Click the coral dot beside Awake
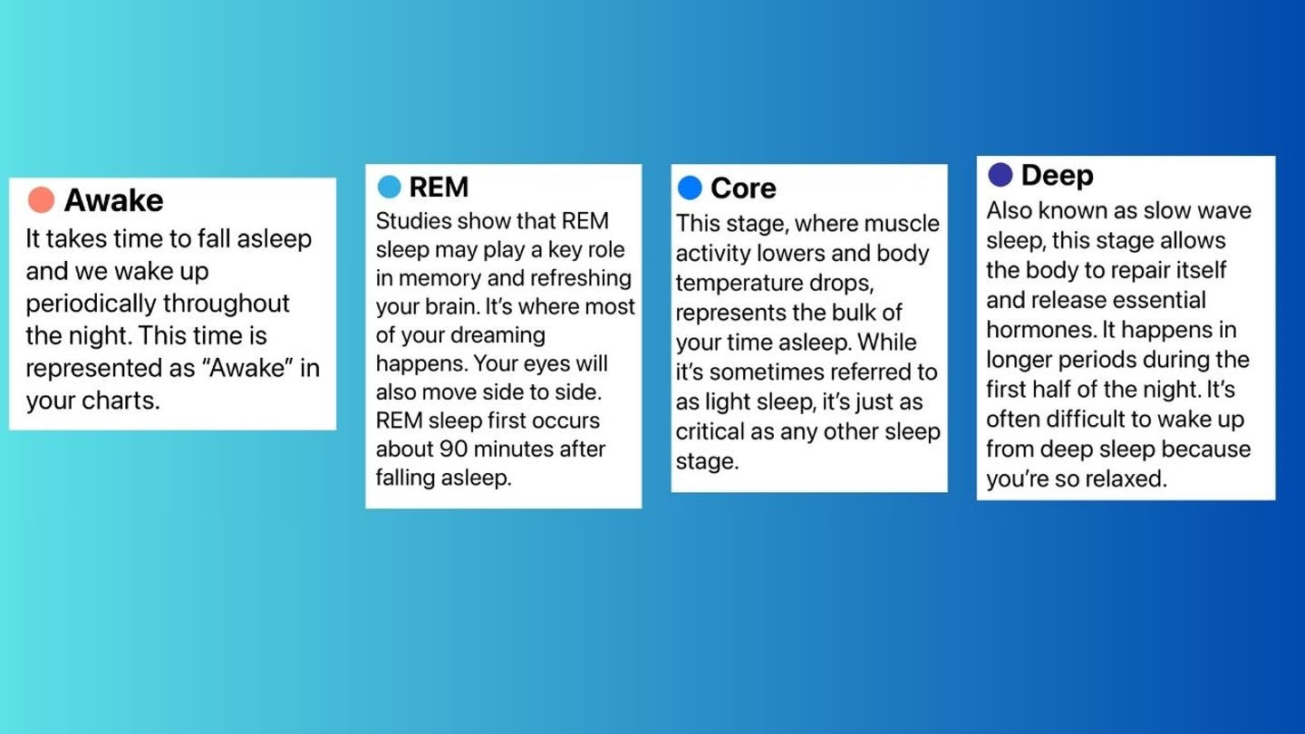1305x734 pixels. pyautogui.click(x=42, y=199)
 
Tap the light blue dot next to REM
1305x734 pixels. pyautogui.click(x=389, y=187)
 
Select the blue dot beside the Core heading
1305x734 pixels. pyautogui.click(x=690, y=188)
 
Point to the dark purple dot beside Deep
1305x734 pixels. pyautogui.click(x=1000, y=175)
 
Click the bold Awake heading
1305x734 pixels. pyautogui.click(x=113, y=200)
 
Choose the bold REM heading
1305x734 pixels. pyautogui.click(x=439, y=187)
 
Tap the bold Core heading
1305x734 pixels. pyautogui.click(x=743, y=188)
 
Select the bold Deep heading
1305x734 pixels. pyautogui.click(x=1058, y=176)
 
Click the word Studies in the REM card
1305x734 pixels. pyautogui.click(x=413, y=221)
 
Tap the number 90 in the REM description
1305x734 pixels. pyautogui.click(x=452, y=449)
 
